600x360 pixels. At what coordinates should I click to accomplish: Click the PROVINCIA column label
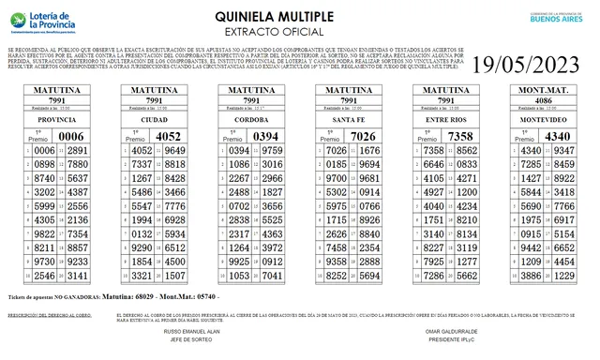55,120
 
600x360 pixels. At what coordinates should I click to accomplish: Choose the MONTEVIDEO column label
545,120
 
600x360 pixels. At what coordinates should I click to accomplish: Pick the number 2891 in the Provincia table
78,151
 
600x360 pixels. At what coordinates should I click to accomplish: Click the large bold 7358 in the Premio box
460,136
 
